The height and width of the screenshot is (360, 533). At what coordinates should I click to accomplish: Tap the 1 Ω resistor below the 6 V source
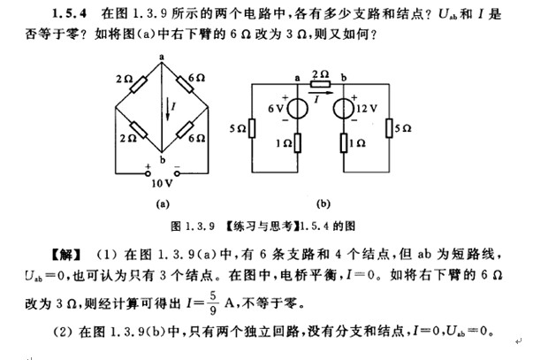coord(295,143)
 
